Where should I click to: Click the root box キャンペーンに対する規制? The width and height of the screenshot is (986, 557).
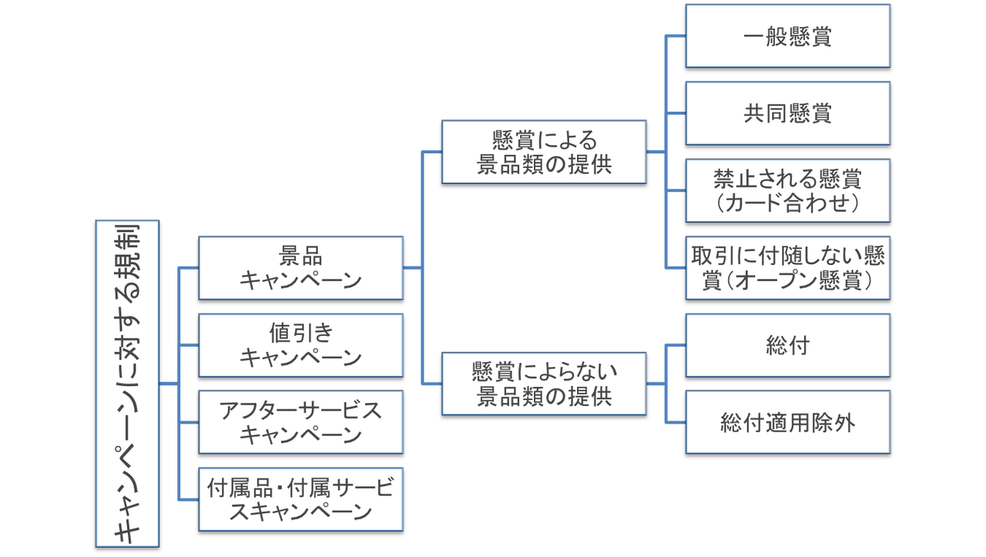127,384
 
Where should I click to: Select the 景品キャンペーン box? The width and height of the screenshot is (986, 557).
300,267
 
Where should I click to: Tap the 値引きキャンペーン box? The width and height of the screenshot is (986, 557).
300,345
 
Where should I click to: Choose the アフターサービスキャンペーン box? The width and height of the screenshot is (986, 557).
300,422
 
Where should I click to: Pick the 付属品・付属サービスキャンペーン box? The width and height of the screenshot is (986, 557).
300,499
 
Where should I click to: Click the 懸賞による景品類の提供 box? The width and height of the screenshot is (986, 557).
544,152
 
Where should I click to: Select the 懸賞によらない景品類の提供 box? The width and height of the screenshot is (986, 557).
544,384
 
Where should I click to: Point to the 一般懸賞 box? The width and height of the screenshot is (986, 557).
788,36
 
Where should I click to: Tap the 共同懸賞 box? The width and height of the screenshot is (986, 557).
788,113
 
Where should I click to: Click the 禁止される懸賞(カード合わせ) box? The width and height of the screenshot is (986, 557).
788,190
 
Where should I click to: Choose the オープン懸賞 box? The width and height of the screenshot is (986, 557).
788,267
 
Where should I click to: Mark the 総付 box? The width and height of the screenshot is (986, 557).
788,345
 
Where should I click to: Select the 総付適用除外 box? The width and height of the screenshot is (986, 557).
788,422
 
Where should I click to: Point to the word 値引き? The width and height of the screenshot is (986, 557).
300,333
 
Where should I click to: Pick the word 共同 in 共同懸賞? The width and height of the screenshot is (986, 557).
765,113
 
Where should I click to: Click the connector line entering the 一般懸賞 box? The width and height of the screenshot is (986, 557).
676,35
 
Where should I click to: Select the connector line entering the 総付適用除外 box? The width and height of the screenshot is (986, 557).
676,422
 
